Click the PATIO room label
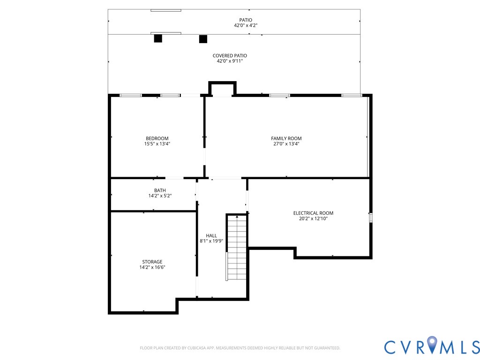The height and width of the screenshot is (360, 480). tap(246, 20)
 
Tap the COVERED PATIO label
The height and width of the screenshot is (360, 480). tap(230, 56)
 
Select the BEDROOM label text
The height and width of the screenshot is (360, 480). tap(157, 138)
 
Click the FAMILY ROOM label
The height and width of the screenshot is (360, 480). tap(286, 138)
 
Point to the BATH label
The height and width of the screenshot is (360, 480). tap(160, 190)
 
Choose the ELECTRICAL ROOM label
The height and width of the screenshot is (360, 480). tap(313, 213)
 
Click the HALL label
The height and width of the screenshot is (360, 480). tap(211, 235)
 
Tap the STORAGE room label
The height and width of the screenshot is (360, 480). tap(152, 262)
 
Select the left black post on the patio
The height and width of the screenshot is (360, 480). tap(158, 38)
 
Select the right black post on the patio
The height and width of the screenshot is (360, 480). tap(203, 39)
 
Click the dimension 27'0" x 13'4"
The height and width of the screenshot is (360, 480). tap(286, 144)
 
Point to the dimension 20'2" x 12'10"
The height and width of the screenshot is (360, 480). tap(313, 218)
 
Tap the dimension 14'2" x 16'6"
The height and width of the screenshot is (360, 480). tap(152, 267)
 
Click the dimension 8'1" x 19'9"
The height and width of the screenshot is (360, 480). tap(211, 241)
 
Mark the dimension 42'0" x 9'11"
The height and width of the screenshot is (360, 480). tap(230, 61)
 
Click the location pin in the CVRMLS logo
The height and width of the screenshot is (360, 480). tap(431, 345)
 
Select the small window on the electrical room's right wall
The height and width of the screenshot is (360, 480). tap(370, 217)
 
